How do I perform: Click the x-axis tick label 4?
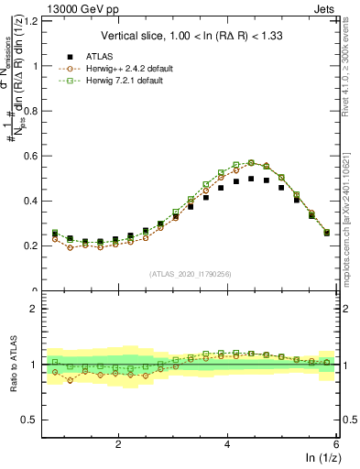(227, 444)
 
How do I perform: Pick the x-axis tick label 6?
(335, 444)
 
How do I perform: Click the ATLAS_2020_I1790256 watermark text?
(191, 273)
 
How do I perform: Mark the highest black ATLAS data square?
(251, 179)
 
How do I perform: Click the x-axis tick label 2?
(118, 444)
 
